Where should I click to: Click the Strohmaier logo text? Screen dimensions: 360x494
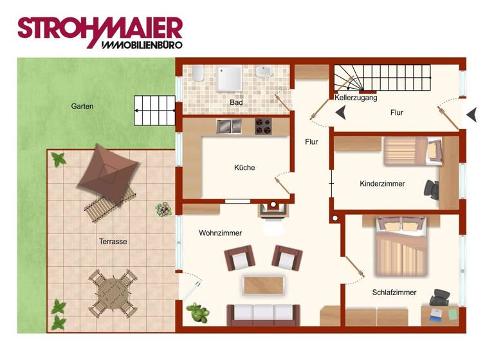pyautogui.click(x=100, y=29)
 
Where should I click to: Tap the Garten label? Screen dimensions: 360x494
pyautogui.click(x=82, y=106)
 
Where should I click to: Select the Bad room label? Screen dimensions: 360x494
pyautogui.click(x=236, y=102)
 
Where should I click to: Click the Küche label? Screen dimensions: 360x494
pyautogui.click(x=244, y=168)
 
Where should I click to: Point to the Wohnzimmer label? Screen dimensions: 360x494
pyautogui.click(x=220, y=233)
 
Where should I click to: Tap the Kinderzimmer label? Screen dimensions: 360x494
pyautogui.click(x=382, y=184)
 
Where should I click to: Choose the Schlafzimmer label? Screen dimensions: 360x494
pyautogui.click(x=394, y=292)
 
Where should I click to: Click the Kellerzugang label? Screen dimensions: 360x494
pyautogui.click(x=356, y=98)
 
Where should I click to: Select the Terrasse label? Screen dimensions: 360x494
pyautogui.click(x=113, y=242)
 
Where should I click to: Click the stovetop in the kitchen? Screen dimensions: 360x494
pyautogui.click(x=263, y=126)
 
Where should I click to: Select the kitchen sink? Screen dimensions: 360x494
pyautogui.click(x=228, y=125)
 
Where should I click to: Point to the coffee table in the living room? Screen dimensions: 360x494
pyautogui.click(x=263, y=285)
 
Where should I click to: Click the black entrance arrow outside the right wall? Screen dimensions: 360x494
pyautogui.click(x=472, y=114)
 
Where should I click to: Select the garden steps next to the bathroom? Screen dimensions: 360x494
pyautogui.click(x=154, y=110)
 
